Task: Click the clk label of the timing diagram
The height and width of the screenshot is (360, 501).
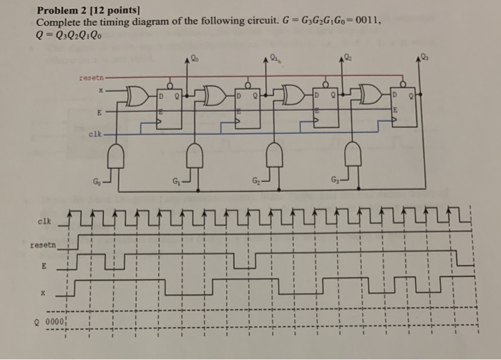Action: [44, 220]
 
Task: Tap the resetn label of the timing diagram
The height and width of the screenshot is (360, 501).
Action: [42, 245]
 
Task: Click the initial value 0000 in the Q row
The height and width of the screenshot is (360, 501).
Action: [54, 321]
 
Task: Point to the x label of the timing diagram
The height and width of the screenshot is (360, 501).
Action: [43, 292]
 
